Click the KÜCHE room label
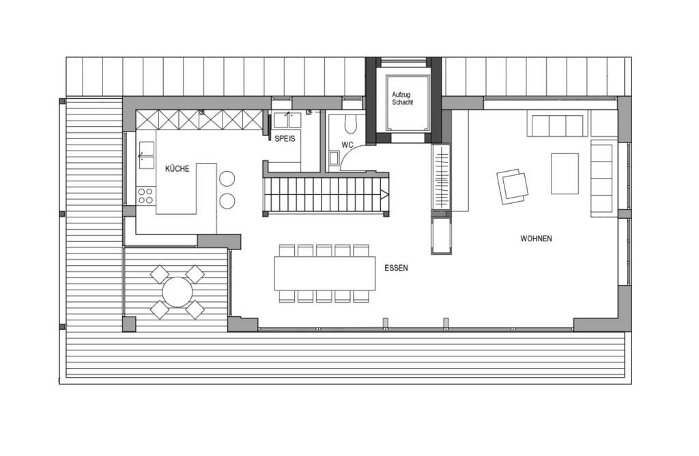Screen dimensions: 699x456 (x=177, y=169)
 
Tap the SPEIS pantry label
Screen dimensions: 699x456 (x=285, y=139)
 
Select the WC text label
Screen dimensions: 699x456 (x=347, y=145)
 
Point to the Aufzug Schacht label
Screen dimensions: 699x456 (x=402, y=98)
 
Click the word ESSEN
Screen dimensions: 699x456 (x=397, y=268)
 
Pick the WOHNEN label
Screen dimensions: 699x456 (x=537, y=239)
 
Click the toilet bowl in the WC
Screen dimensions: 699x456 (x=351, y=124)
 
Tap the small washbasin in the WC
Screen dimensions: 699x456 (x=334, y=159)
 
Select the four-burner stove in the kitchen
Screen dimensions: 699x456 (x=146, y=196)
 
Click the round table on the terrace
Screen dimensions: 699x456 (x=177, y=292)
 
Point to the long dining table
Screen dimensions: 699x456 (x=324, y=273)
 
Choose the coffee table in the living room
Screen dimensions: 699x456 (x=565, y=174)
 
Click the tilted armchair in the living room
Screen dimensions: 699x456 (x=513, y=187)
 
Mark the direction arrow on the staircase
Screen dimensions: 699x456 (x=384, y=194)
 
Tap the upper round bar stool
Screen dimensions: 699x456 (x=227, y=179)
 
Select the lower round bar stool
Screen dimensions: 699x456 (x=227, y=201)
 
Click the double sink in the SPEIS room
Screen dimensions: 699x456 (x=287, y=120)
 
